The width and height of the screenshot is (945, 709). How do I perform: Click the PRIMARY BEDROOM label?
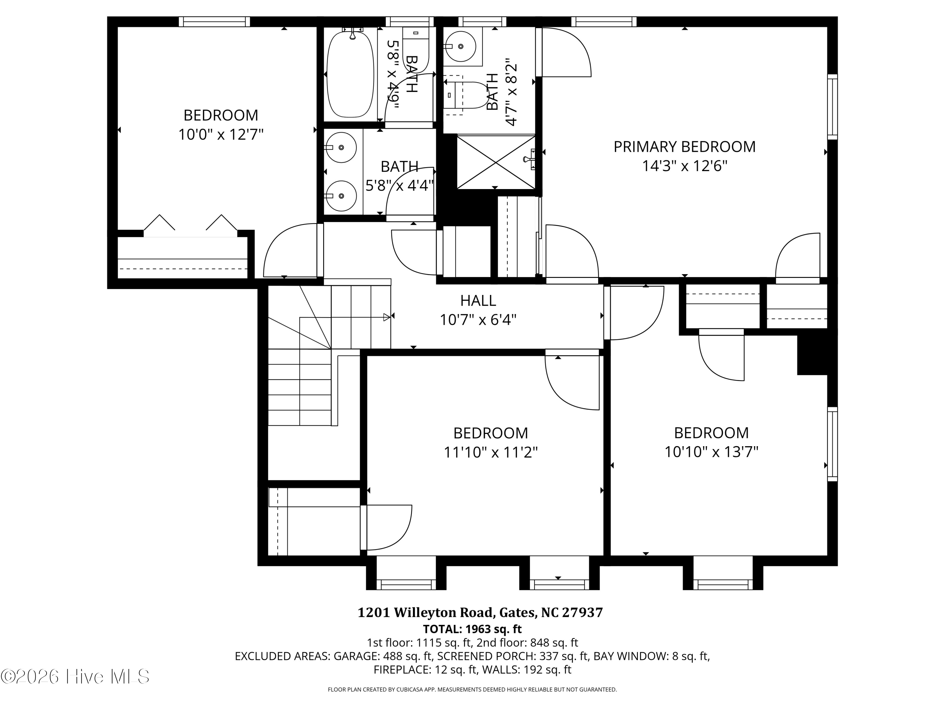click(684, 147)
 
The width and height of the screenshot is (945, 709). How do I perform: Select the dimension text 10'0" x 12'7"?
click(221, 134)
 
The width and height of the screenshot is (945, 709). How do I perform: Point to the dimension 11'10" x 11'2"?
click(490, 452)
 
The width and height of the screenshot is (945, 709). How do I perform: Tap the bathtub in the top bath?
click(350, 73)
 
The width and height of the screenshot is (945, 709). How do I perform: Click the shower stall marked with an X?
click(495, 162)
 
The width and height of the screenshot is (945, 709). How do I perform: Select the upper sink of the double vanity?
click(341, 147)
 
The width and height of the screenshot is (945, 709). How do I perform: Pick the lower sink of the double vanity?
click(341, 196)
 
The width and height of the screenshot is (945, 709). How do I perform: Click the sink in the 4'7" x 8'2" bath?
click(460, 46)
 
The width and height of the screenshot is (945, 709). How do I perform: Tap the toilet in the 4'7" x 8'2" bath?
click(467, 95)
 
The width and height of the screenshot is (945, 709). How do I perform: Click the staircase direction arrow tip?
click(390, 317)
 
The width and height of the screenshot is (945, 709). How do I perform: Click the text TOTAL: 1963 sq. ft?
click(472, 629)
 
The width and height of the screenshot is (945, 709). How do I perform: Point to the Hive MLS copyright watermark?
click(75, 676)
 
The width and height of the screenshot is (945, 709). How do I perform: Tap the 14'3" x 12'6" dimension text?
click(684, 165)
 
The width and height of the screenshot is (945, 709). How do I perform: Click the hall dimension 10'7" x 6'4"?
click(478, 319)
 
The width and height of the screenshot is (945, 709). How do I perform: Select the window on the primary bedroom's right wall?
click(832, 107)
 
